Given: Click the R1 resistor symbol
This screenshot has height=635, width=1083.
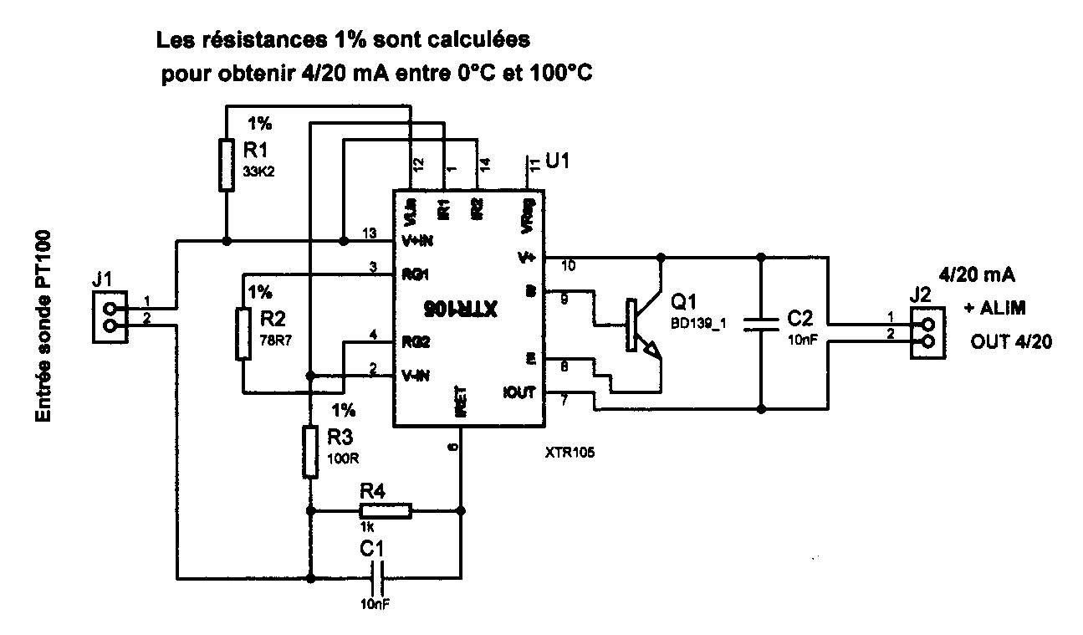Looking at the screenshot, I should click(x=226, y=165).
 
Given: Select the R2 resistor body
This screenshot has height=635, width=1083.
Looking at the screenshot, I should click(x=243, y=334).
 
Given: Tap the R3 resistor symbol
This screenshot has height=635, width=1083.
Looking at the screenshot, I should click(x=310, y=452).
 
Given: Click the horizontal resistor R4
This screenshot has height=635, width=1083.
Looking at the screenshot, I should click(x=386, y=510).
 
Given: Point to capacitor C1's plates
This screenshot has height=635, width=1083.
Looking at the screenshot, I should click(x=377, y=577).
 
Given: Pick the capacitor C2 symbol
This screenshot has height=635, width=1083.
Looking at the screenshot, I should click(x=761, y=325).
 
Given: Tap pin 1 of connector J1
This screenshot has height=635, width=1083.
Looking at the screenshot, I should click(x=110, y=308).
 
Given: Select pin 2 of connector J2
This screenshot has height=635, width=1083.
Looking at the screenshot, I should click(x=926, y=343).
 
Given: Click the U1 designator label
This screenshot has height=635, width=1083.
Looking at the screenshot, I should click(x=559, y=159).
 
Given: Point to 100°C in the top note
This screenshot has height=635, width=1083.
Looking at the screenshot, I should click(x=558, y=74).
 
